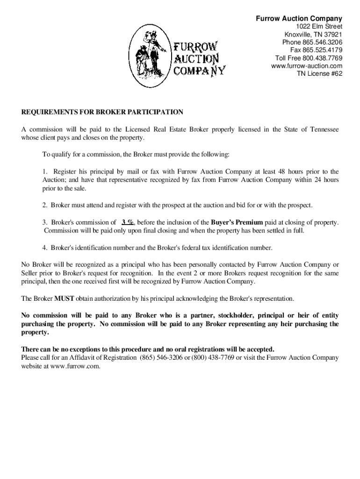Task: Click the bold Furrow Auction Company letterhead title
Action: coord(299,19)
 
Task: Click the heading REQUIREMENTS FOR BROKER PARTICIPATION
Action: coord(102,112)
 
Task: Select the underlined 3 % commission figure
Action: coord(128,222)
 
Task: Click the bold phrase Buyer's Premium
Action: coord(237,222)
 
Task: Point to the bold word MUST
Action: coord(63,298)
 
